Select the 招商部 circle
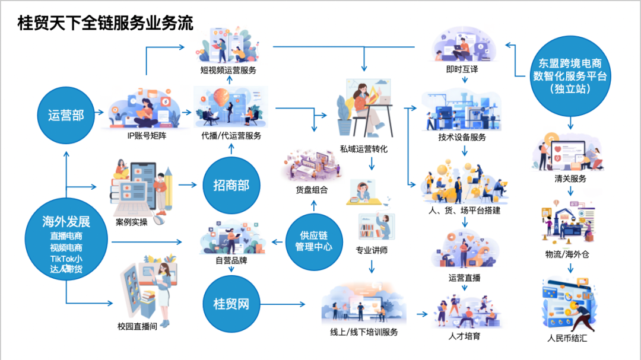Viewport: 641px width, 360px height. (231, 186)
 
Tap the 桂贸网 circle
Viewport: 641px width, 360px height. (231, 304)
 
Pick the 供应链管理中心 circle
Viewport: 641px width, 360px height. (313, 241)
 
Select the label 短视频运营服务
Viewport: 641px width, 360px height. (228, 71)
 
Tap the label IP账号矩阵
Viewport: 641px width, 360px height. (144, 136)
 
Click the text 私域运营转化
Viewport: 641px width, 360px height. (364, 149)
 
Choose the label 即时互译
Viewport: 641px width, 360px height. (462, 69)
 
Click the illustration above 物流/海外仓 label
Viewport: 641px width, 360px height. (567, 224)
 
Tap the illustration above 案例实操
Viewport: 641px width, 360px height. (141, 187)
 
